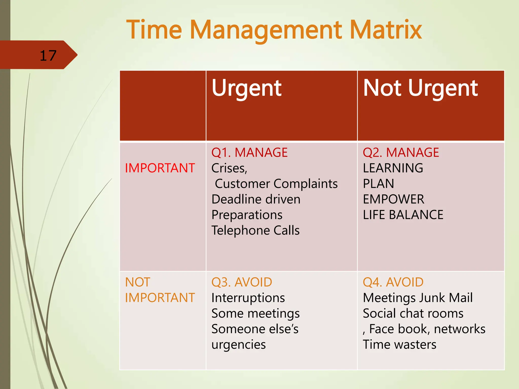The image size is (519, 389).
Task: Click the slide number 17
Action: [x=48, y=55]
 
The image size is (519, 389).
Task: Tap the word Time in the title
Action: [x=154, y=30]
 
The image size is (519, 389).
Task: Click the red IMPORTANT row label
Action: [x=160, y=168]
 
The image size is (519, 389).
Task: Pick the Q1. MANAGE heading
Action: [x=249, y=152]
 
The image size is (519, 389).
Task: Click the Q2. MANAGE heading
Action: [x=401, y=152]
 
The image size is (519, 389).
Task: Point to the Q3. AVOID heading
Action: [x=242, y=282]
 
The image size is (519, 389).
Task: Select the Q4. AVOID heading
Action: [x=393, y=282]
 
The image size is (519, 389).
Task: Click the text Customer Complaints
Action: [x=276, y=184]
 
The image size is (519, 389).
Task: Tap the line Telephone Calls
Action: [x=255, y=230]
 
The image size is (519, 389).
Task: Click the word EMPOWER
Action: [x=393, y=199]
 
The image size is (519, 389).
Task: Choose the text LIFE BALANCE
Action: [x=403, y=215]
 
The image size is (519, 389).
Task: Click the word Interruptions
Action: [x=248, y=298]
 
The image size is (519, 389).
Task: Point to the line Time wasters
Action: [x=399, y=344]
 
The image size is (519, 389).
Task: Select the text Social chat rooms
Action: [x=413, y=314]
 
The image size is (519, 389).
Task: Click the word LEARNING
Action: [x=393, y=168]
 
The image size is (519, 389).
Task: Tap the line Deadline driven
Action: [x=256, y=199]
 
